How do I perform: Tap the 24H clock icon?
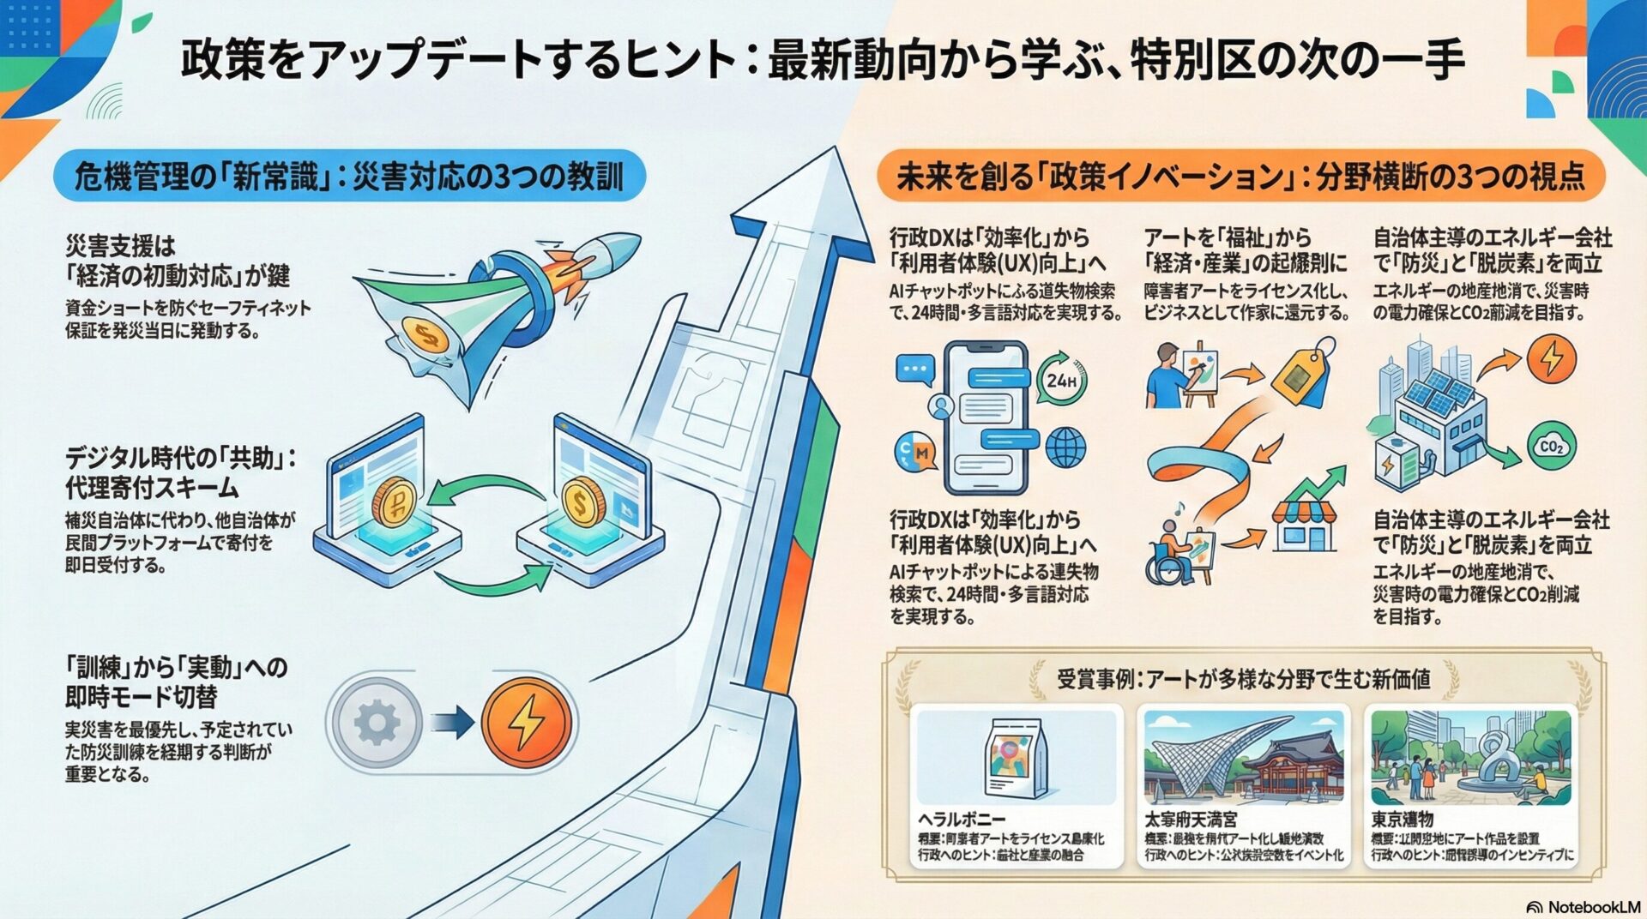(x=1062, y=379)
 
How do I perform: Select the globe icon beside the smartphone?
(x=1065, y=447)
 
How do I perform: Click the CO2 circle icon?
(x=1551, y=447)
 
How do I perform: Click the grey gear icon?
(x=377, y=723)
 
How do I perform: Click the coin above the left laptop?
(x=394, y=501)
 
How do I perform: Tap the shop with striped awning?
(x=1304, y=525)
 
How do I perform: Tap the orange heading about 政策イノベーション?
(x=1240, y=177)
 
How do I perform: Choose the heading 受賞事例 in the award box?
(x=1243, y=680)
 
